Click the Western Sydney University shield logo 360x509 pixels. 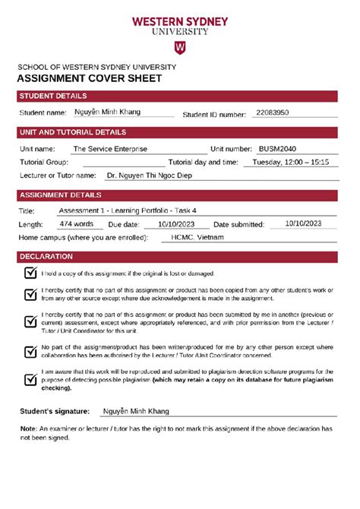180,48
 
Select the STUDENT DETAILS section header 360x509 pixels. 53,96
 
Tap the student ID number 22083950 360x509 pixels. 273,112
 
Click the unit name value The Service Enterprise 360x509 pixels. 110,149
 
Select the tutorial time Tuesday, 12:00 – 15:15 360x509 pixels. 290,162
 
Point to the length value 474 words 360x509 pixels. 77,224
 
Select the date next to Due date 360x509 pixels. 176,224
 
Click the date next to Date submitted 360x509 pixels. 304,223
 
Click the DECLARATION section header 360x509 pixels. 46,257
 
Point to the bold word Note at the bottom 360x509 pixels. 27,428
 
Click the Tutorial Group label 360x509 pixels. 44,162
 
